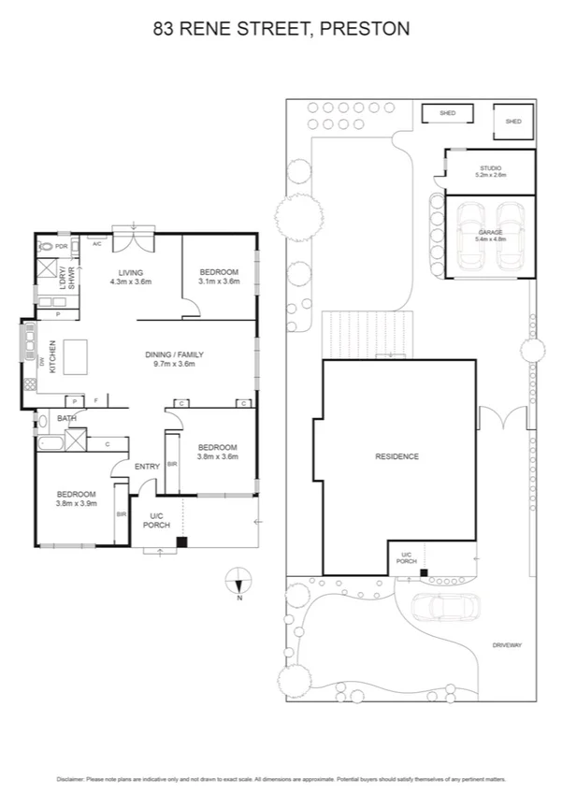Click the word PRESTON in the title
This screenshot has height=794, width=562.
click(x=365, y=29)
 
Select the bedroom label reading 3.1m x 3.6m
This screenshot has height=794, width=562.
click(x=219, y=276)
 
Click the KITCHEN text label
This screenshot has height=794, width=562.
click(x=52, y=354)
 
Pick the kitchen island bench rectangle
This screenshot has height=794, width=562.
click(x=82, y=355)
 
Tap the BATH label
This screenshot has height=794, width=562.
click(x=66, y=418)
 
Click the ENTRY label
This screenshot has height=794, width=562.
click(x=147, y=466)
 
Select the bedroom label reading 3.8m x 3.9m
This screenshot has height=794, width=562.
click(x=75, y=498)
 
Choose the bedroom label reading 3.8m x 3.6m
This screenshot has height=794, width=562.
click(x=218, y=452)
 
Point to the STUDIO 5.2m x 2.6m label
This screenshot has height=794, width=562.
click(x=490, y=171)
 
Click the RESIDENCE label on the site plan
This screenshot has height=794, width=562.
click(x=396, y=456)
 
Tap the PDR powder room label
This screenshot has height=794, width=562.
click(x=62, y=247)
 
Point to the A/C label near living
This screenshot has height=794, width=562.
click(x=96, y=242)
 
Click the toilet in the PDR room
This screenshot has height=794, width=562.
click(x=45, y=247)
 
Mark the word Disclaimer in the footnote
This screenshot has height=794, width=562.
click(x=72, y=778)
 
